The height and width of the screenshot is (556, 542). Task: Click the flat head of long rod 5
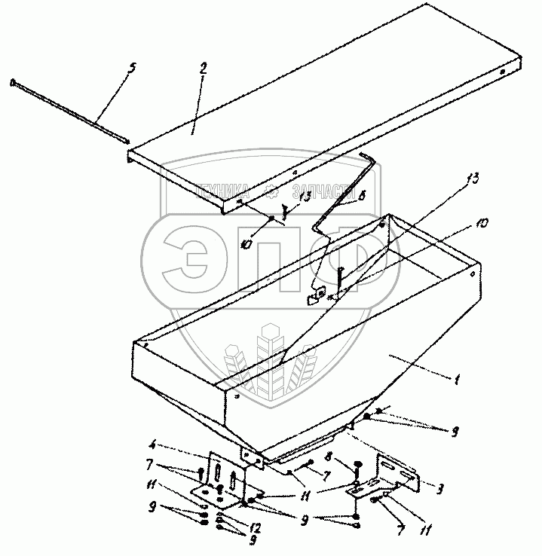(x=14, y=82)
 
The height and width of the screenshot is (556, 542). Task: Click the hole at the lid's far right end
(x=503, y=73)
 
